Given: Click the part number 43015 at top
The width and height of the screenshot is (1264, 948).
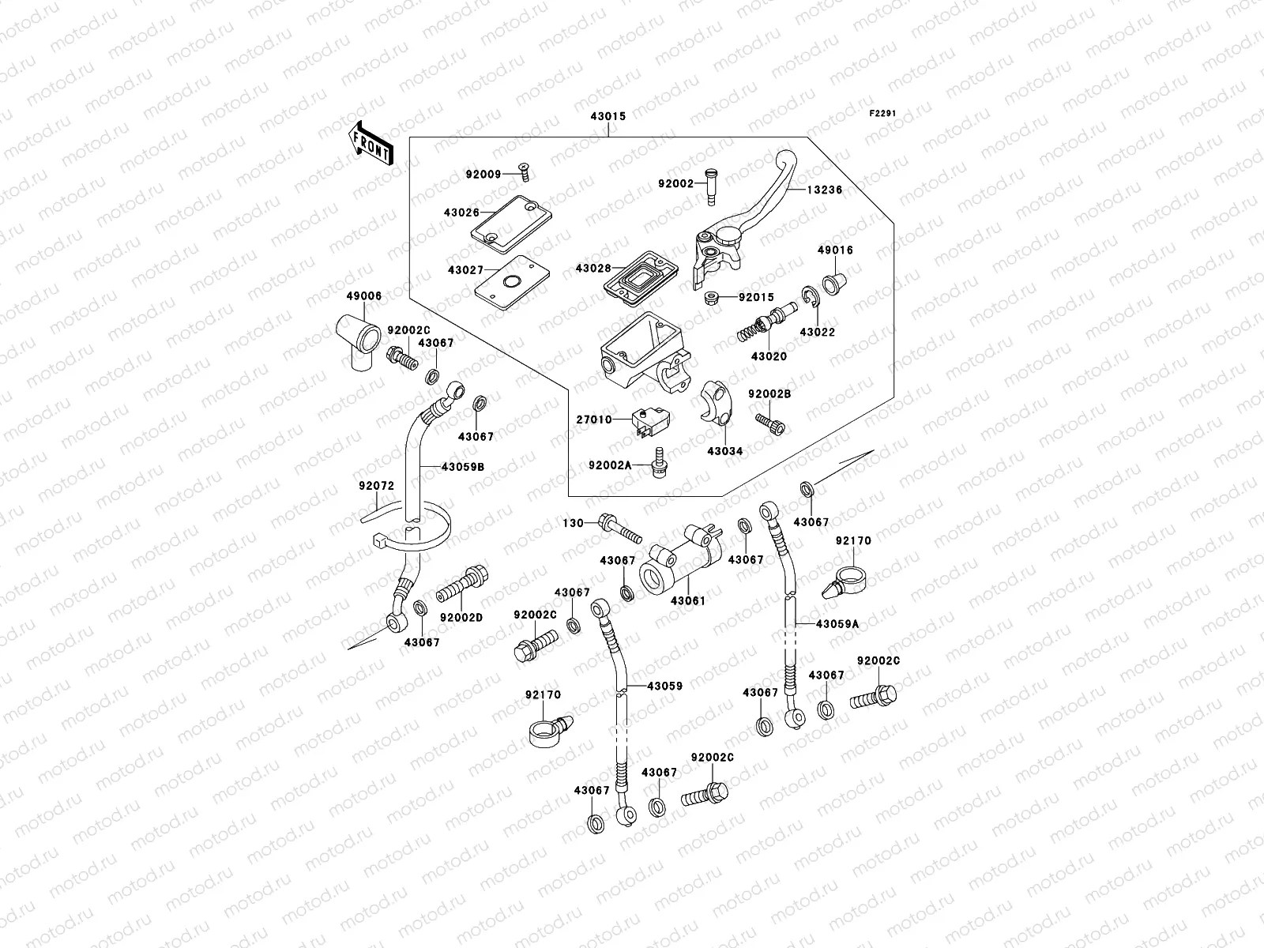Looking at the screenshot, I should [x=608, y=116].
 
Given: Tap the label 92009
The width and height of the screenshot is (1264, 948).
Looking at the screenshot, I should [x=483, y=174].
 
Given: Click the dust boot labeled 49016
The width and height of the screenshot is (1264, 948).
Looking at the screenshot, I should [x=832, y=280].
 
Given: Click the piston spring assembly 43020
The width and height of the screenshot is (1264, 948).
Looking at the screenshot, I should [x=762, y=325].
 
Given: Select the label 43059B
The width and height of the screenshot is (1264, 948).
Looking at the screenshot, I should [x=462, y=467].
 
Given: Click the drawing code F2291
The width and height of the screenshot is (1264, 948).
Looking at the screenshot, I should [x=883, y=114].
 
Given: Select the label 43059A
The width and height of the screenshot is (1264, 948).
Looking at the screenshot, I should [x=837, y=624].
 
